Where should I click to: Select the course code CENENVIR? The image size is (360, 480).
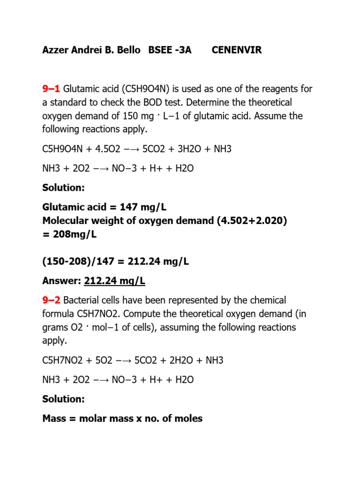pos(237,50)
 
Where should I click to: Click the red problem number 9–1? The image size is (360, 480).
pos(51,89)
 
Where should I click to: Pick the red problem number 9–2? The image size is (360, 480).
pos(51,300)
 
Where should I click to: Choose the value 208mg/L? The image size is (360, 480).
pos(74,234)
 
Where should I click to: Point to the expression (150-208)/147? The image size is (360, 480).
pos(76,262)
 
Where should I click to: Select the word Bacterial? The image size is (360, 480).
pos(83,300)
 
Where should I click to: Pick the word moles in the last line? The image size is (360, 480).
pos(187,419)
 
